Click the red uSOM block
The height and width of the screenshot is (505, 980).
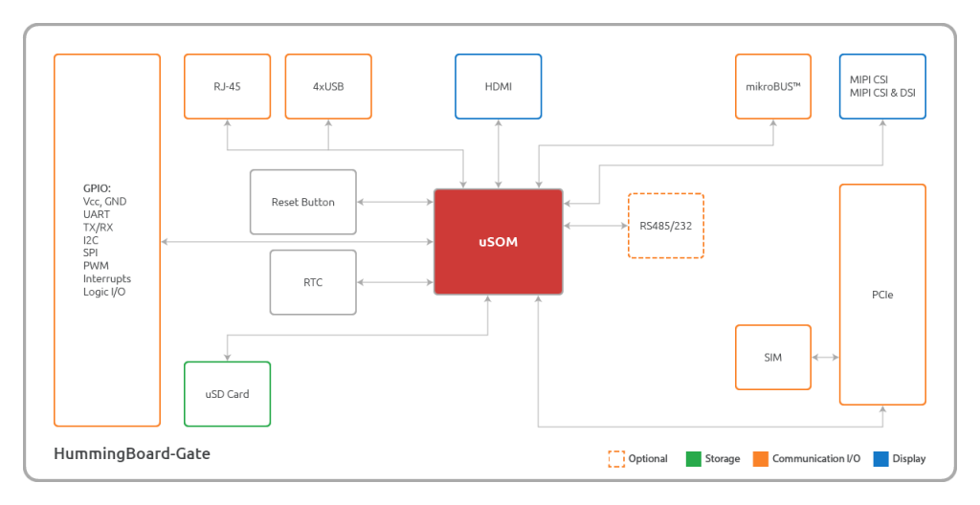tap(498, 242)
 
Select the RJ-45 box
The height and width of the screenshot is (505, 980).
tap(228, 86)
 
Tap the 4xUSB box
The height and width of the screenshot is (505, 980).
tap(328, 86)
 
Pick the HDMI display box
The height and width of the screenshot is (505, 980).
tap(498, 86)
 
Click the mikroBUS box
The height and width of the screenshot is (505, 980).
tap(773, 86)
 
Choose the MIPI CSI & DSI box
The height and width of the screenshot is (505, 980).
tap(882, 86)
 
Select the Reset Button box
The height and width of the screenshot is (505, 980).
tap(303, 202)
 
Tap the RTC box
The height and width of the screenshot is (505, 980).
tap(313, 282)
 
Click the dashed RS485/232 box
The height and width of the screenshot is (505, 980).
tap(666, 226)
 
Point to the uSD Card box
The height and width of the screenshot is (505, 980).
tap(228, 394)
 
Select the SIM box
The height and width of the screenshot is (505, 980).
tap(773, 358)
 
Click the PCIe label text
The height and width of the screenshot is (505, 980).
tap(882, 295)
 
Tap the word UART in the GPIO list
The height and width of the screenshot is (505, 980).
tap(97, 214)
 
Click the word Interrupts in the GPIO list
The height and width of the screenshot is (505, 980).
tap(107, 278)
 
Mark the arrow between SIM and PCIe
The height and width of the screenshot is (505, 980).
tap(826, 358)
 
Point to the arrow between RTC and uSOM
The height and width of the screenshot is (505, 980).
tap(395, 282)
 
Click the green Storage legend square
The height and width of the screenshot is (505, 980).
tap(694, 459)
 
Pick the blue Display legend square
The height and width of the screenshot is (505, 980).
tap(880, 459)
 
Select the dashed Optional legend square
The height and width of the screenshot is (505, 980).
tap(616, 459)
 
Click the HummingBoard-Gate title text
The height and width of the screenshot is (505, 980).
tap(132, 453)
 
